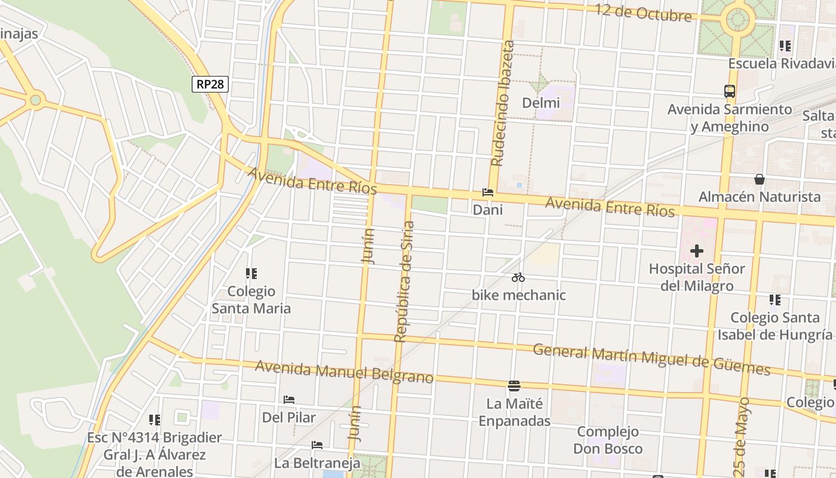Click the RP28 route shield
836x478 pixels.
(210, 84)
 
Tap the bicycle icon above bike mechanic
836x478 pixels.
(518, 277)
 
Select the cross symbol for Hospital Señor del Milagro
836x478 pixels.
(696, 251)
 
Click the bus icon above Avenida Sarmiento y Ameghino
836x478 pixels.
(730, 91)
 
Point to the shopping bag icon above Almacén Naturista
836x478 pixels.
(760, 179)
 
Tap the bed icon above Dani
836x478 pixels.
(488, 192)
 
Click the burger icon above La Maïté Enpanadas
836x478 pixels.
(514, 385)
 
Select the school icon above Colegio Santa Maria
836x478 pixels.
(251, 274)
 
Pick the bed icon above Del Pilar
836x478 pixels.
(290, 399)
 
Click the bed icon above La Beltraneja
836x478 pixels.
(317, 445)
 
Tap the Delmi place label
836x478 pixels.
(541, 103)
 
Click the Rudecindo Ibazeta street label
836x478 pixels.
(502, 103)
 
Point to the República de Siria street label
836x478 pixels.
(404, 281)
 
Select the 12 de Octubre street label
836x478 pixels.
(643, 13)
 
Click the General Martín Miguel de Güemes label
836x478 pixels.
(651, 358)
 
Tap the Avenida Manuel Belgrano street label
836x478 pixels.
(344, 372)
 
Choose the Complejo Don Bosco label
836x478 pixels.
(608, 440)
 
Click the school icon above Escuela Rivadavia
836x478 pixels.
(785, 45)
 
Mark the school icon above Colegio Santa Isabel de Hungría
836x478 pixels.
(775, 300)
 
